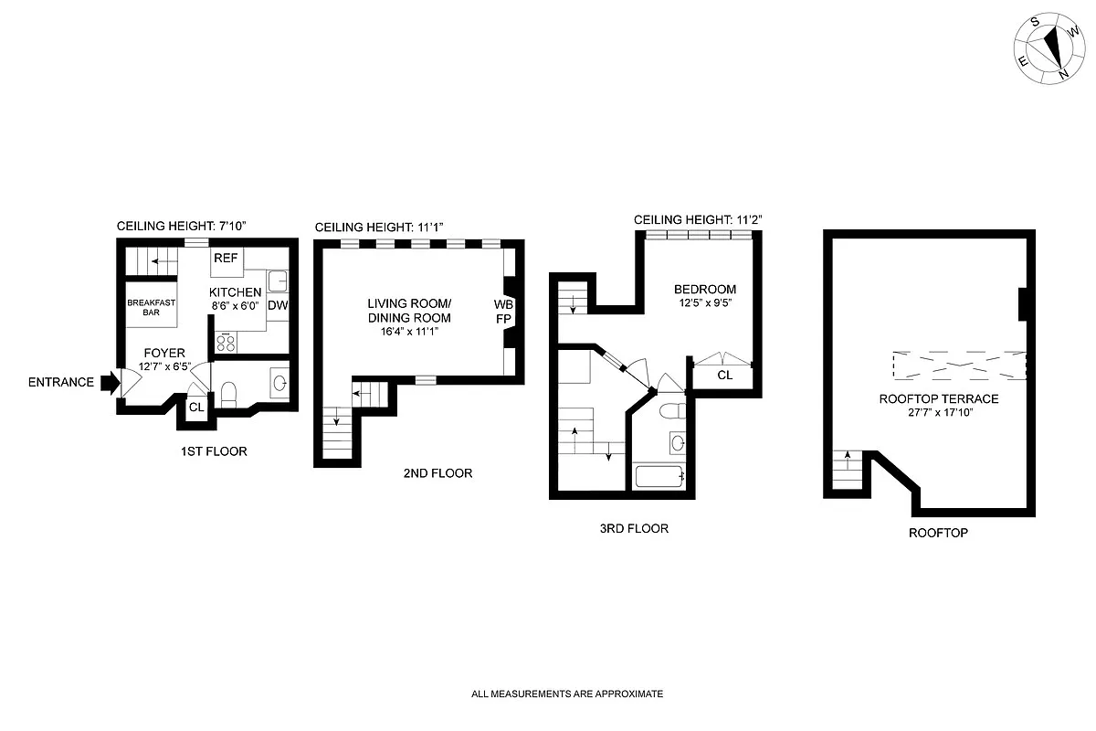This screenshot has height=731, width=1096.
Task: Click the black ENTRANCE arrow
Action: [109, 382]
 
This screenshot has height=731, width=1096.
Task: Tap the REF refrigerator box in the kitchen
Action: [226, 259]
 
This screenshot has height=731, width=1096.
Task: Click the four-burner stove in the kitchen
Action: [226, 343]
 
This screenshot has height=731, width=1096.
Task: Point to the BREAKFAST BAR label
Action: [151, 308]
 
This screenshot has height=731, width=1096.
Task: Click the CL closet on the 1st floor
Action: [196, 408]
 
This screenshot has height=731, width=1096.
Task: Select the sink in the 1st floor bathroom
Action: [279, 381]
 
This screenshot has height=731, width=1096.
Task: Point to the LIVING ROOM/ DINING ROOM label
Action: [409, 311]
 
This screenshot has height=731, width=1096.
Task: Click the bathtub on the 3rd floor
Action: [659, 476]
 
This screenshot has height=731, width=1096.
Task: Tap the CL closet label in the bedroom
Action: [724, 376]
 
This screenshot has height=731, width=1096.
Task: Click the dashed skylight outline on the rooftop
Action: [958, 365]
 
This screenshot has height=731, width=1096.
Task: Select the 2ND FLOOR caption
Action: [437, 473]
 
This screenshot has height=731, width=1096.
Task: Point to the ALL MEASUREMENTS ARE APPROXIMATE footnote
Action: [566, 694]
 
